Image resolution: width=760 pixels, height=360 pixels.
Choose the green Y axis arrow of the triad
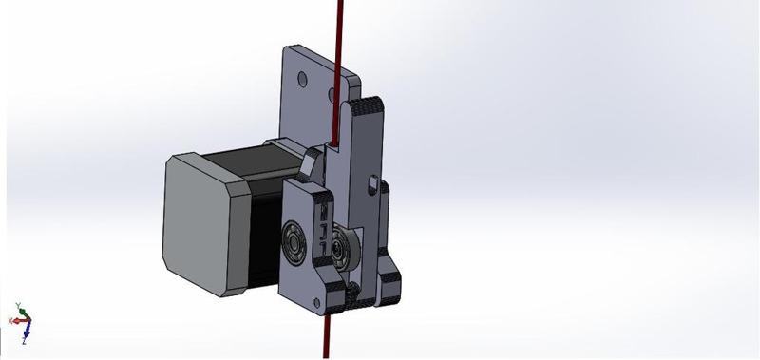click(18, 310)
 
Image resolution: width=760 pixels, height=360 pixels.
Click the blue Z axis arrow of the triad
click(26, 333)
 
